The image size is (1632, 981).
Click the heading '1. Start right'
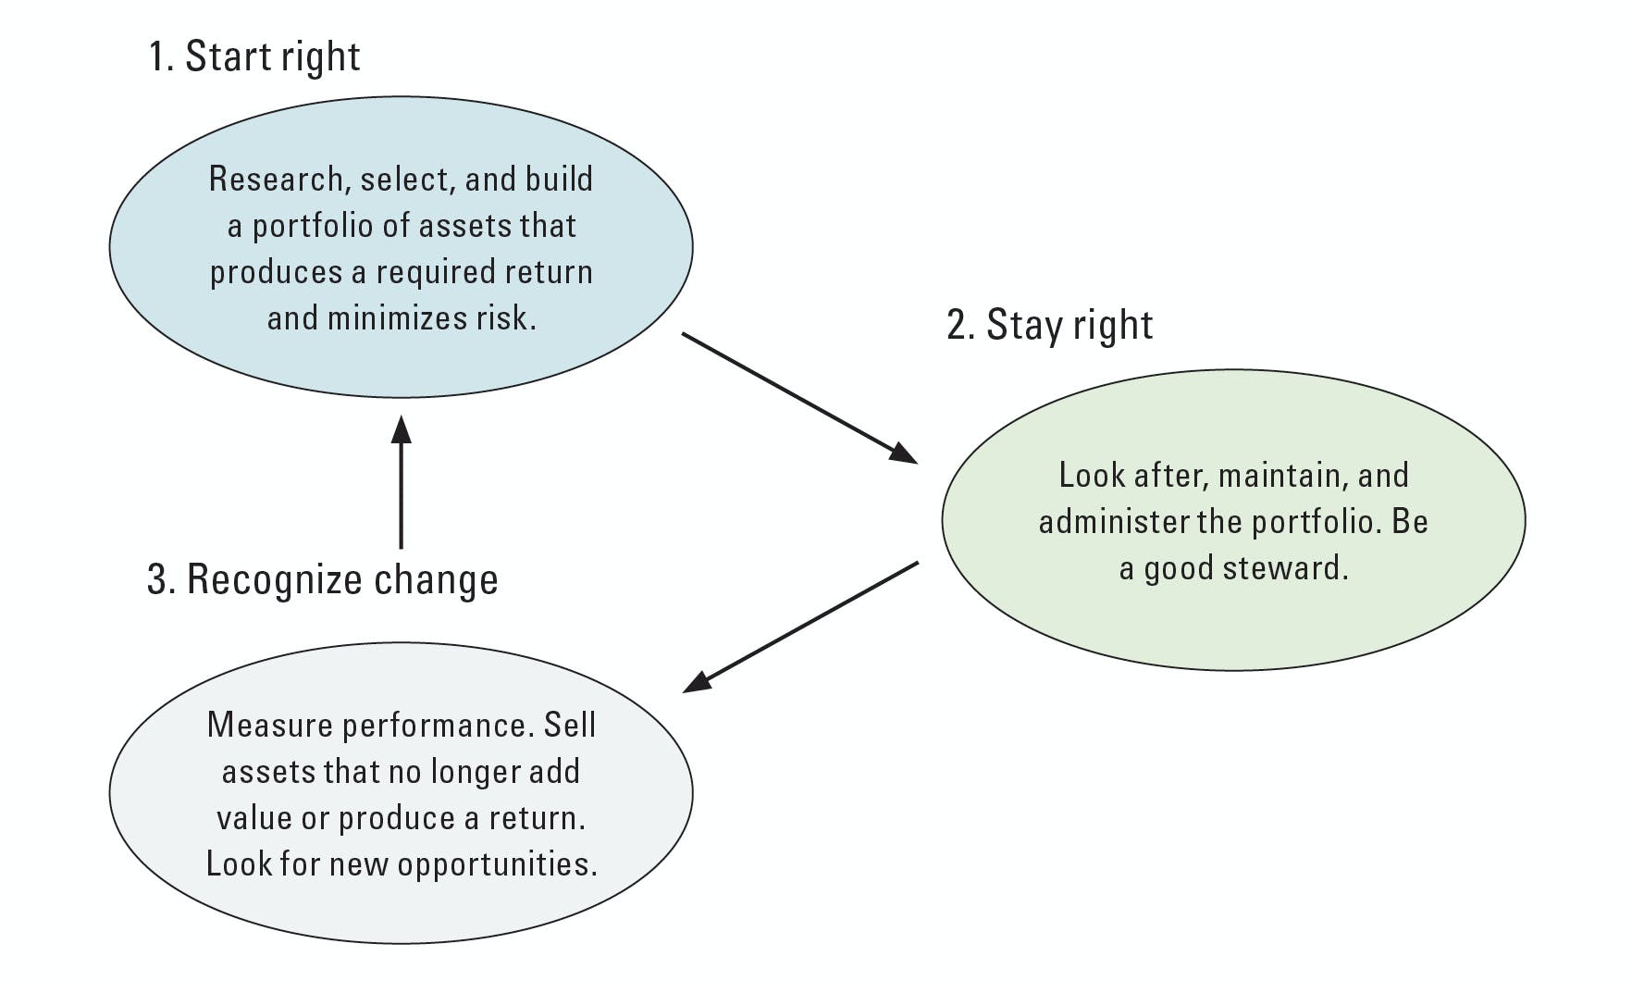tap(253, 56)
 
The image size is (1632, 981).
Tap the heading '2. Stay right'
tap(1049, 325)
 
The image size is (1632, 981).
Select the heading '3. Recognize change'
tap(322, 579)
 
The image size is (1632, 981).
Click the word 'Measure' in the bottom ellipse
tap(269, 725)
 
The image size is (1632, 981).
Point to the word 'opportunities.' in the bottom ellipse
tap(497, 864)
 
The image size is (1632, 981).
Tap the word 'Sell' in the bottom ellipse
tap(569, 725)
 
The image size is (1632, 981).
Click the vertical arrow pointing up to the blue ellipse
tap(401, 490)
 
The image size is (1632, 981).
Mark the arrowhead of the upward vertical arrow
tap(401, 429)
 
